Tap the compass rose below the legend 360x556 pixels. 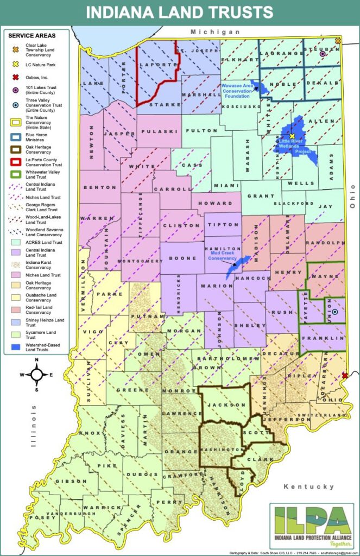point(36,374)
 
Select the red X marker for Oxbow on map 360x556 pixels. point(345,376)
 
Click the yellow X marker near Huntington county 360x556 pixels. point(292,136)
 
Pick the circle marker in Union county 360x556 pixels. point(334,312)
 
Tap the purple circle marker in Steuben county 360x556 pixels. point(323,54)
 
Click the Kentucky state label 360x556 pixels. point(312,486)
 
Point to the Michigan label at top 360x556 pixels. point(214,33)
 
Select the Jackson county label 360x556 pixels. point(225,405)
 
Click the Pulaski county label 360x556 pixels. point(157,131)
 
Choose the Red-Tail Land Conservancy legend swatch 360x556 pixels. point(15,309)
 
